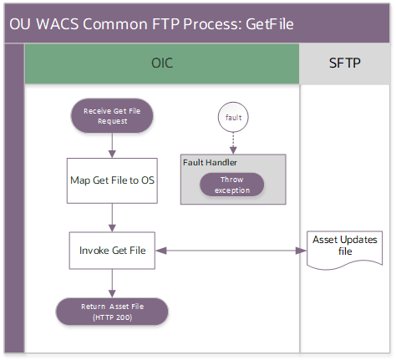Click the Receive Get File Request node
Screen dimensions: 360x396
pyautogui.click(x=112, y=115)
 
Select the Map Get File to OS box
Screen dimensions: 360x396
pyautogui.click(x=112, y=180)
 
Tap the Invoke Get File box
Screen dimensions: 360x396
pyautogui.click(x=112, y=250)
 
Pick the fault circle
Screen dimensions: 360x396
pyautogui.click(x=233, y=118)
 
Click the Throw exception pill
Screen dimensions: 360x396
pyautogui.click(x=231, y=185)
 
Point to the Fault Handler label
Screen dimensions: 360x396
pyautogui.click(x=210, y=162)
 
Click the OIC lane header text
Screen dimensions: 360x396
pyautogui.click(x=162, y=63)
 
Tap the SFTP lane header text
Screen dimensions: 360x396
pyautogui.click(x=344, y=63)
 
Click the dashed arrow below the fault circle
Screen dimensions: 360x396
pyautogui.click(x=233, y=143)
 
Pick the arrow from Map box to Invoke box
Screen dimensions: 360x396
pyautogui.click(x=112, y=216)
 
